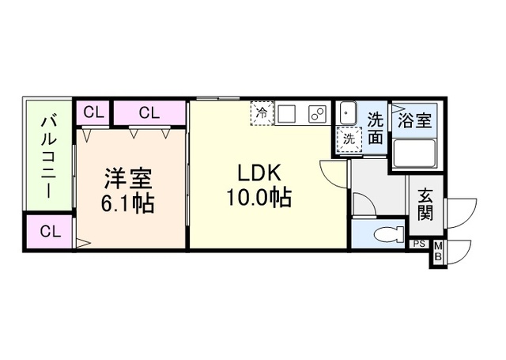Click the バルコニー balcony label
point(48,156)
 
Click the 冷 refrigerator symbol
point(261,113)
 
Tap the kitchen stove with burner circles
point(316,113)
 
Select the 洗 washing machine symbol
point(348,138)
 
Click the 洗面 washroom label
point(376,129)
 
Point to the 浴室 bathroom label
point(413,121)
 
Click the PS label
point(418,244)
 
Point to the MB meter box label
point(438,254)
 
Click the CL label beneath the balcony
point(49,232)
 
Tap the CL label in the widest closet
point(149,112)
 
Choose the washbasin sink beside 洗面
point(349,114)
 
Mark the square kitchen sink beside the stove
point(286,113)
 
